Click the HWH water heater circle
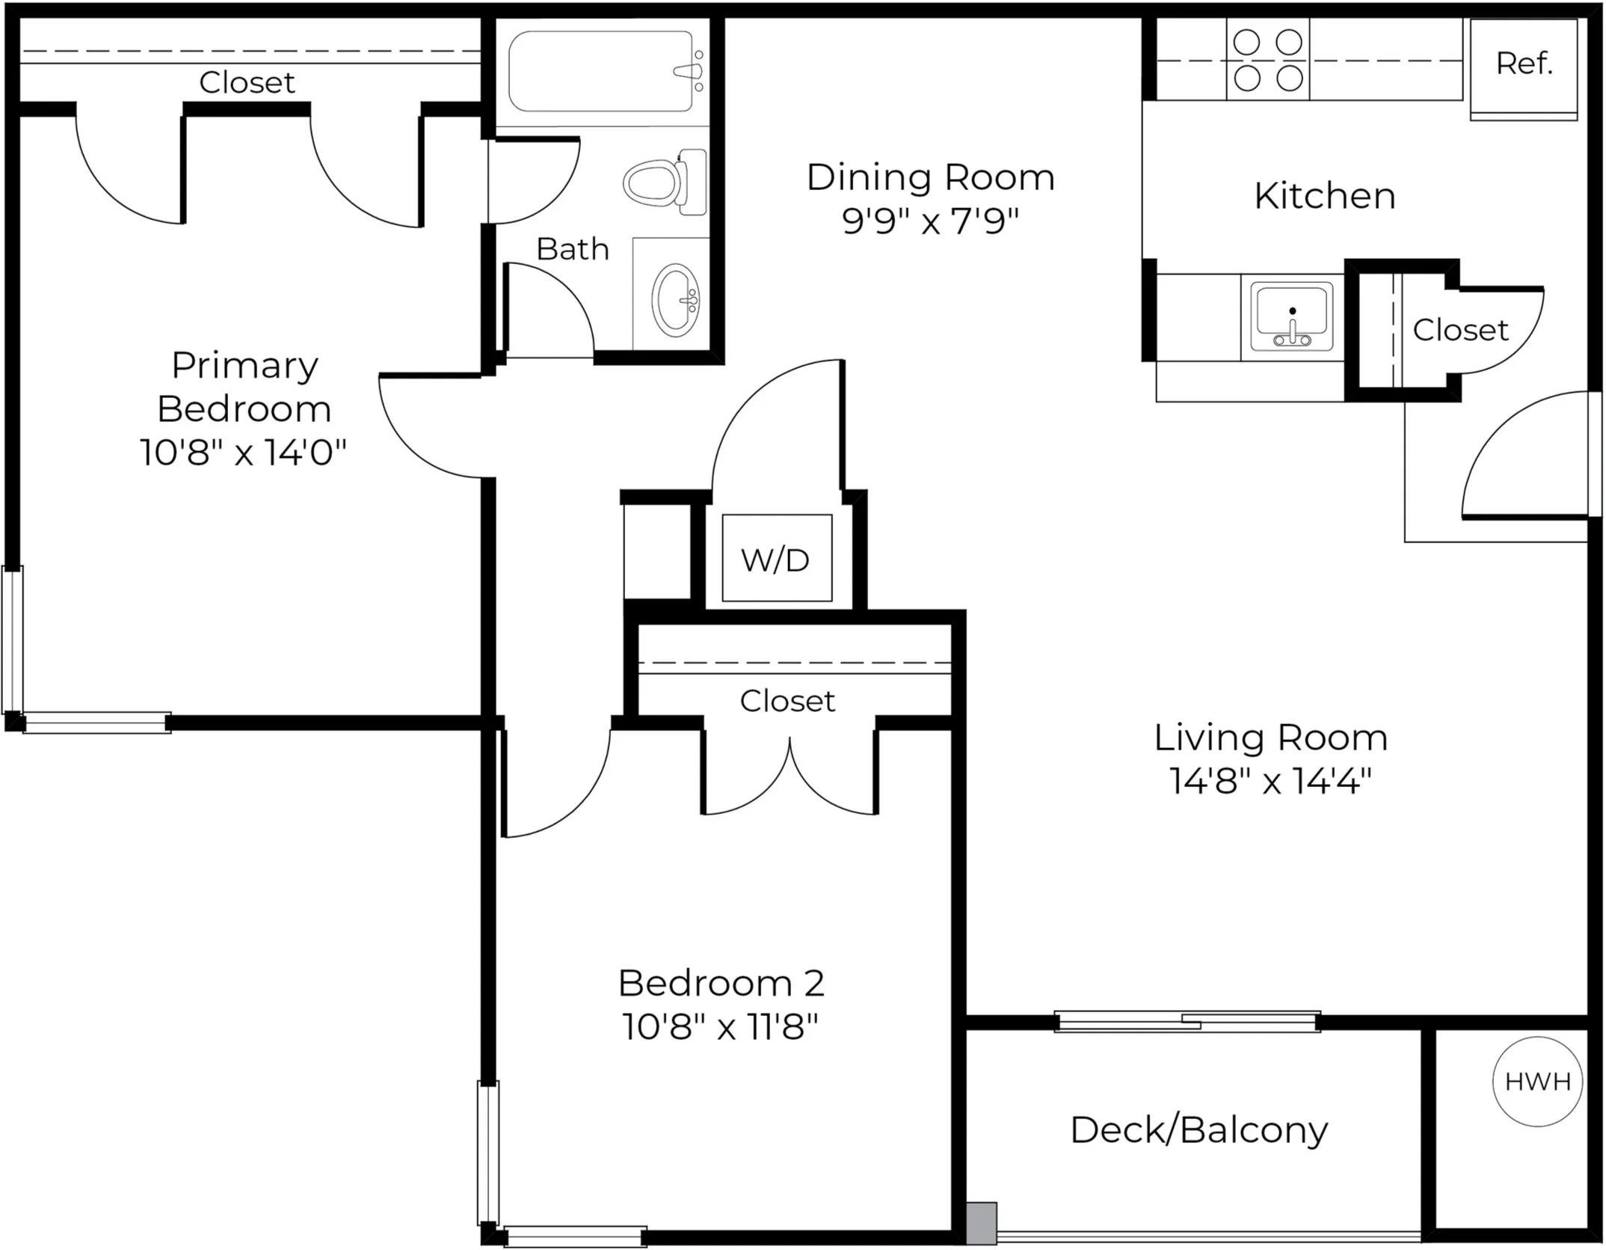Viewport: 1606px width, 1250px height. [1537, 1082]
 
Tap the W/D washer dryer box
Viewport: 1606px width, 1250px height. [777, 558]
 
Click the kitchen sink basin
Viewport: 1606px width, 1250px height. [1292, 316]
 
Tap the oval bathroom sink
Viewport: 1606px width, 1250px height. [676, 297]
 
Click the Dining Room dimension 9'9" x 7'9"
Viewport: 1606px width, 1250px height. [931, 221]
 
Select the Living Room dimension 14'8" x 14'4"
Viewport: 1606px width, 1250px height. [1271, 781]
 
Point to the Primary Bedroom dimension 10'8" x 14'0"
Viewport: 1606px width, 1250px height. [244, 452]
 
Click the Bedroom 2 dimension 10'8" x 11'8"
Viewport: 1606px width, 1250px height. [721, 1026]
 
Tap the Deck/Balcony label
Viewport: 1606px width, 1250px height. [1199, 1130]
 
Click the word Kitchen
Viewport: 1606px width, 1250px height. [1325, 196]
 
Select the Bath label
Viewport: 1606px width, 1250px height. [573, 249]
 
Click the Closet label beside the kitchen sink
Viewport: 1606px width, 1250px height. [1460, 330]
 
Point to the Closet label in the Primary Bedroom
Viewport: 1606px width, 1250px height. [247, 82]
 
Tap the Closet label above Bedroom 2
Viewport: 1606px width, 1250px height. [787, 701]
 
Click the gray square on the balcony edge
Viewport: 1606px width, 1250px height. [982, 1223]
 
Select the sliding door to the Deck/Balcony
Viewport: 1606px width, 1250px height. [1187, 1021]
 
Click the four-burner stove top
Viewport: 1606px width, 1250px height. [1268, 60]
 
